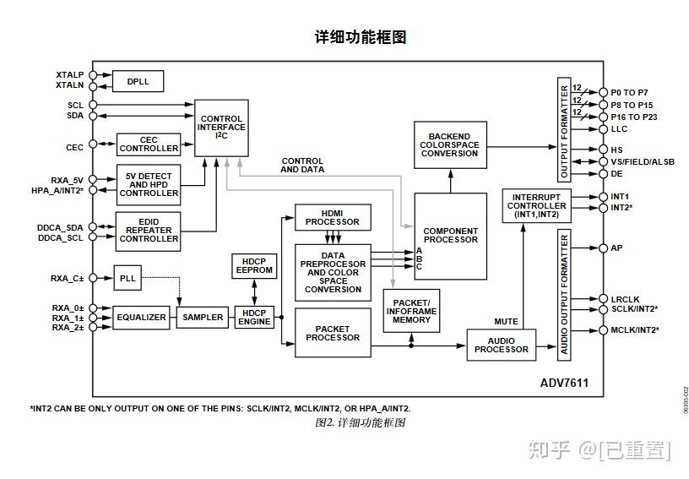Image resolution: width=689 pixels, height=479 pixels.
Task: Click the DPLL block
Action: point(138,81)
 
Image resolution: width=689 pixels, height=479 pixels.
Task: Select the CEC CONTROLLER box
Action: point(149,144)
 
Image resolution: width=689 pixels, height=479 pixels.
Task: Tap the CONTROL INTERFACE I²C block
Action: point(222,128)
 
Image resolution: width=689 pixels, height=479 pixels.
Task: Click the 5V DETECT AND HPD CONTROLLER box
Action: point(149,185)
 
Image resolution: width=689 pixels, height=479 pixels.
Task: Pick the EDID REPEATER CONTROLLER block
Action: point(149,231)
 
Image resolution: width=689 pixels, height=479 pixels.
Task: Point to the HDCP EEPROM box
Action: point(253,265)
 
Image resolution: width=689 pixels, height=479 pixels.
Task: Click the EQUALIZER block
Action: point(141,318)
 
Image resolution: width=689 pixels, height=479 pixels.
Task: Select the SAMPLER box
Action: point(203,318)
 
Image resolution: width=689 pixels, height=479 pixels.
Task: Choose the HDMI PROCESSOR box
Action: point(334,217)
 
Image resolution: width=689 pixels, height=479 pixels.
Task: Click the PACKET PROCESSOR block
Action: point(333,333)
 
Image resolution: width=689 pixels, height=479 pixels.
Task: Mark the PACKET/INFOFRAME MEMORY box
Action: point(411,312)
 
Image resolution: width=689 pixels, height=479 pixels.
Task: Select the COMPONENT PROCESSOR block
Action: point(450,236)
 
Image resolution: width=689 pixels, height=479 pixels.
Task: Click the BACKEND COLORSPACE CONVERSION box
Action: point(450,144)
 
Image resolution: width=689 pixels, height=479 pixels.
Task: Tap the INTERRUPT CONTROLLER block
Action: point(537,206)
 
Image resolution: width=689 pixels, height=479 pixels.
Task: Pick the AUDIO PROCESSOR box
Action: point(502,346)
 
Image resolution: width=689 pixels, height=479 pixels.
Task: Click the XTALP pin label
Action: point(69,75)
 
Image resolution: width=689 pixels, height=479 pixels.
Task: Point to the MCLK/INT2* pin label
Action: point(634,330)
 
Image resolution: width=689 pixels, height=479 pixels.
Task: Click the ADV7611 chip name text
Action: point(564,383)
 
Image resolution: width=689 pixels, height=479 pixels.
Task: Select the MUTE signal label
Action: point(506,322)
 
